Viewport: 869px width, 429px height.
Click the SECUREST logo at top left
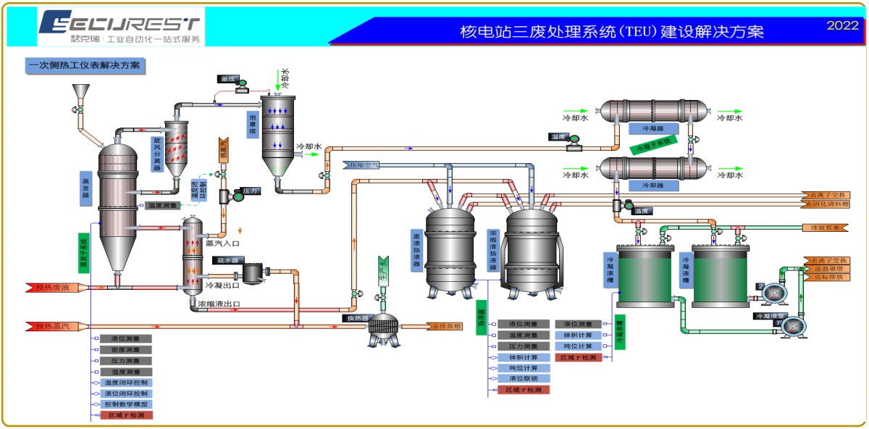click(x=120, y=27)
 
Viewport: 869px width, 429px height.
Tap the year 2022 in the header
click(x=842, y=25)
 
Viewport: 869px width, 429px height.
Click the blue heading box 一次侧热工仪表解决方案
click(x=85, y=66)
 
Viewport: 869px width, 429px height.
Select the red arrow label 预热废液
click(x=53, y=288)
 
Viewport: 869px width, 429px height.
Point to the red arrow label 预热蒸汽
click(x=53, y=327)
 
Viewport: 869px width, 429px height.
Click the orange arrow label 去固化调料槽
click(x=826, y=204)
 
